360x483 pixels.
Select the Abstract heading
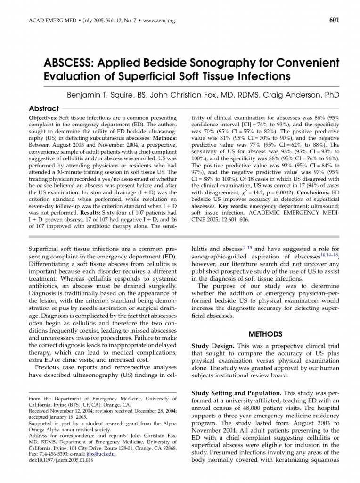click(x=44, y=108)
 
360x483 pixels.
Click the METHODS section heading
click(x=265, y=334)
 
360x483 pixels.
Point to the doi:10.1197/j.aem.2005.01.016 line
click(x=61, y=460)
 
